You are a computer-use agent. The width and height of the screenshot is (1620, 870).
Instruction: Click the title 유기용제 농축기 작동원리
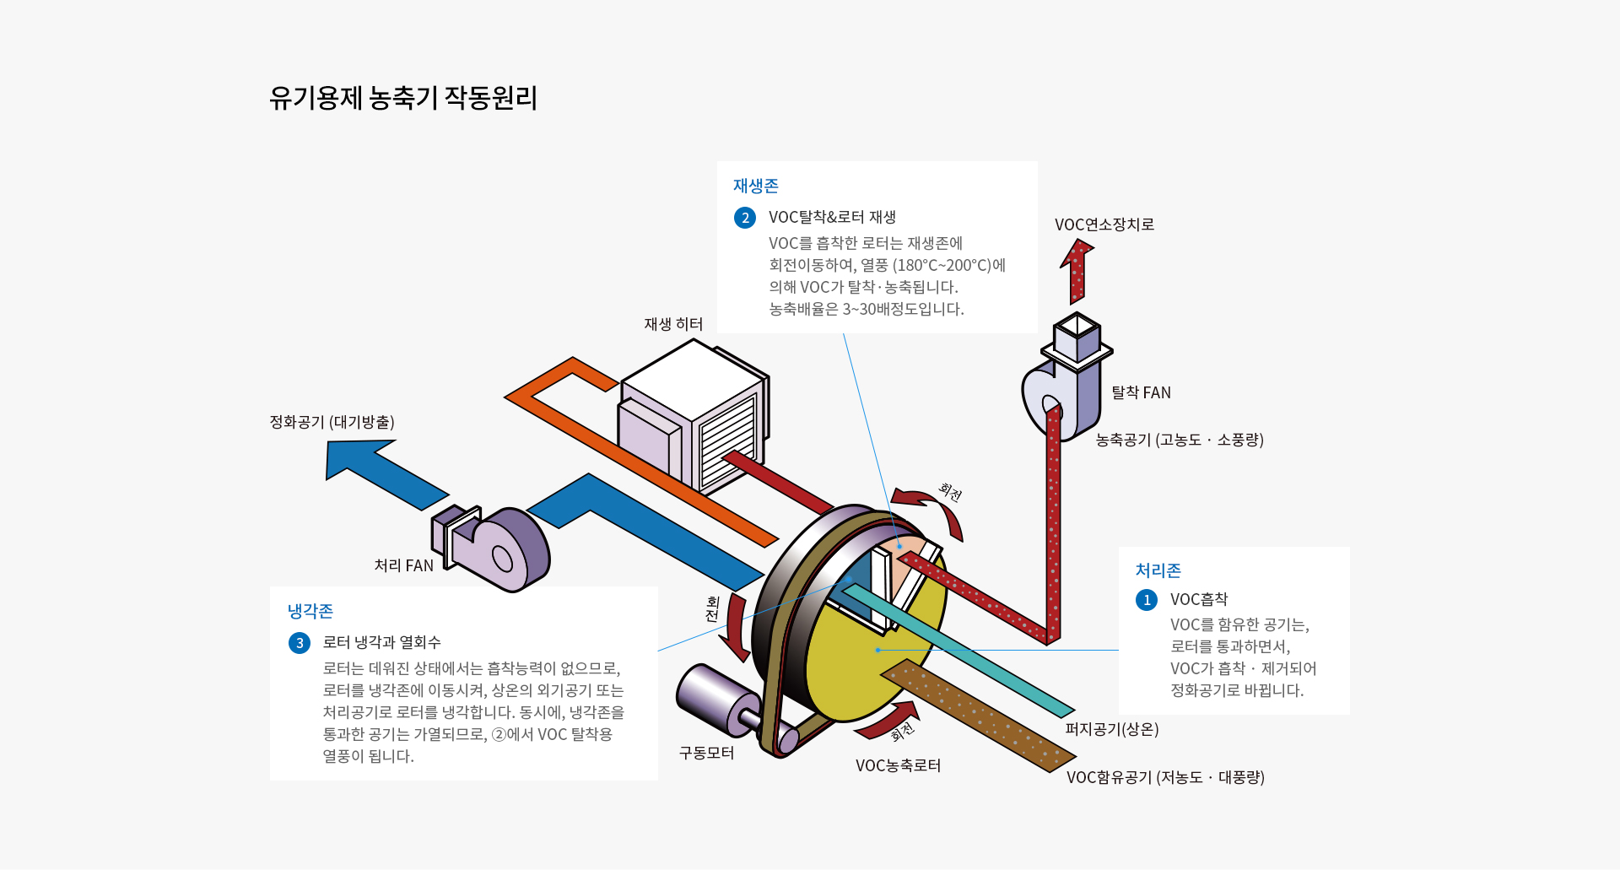403,98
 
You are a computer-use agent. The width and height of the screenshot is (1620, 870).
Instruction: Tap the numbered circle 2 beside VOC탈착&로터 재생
744,218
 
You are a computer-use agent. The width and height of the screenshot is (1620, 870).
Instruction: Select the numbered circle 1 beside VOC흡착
1146,600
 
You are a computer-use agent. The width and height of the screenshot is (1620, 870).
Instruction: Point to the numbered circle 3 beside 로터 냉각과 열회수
300,643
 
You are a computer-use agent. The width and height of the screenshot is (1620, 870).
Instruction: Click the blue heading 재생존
755,186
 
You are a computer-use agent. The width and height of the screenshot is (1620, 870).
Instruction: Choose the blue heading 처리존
1158,570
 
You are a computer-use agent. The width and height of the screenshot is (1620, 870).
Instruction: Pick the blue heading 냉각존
310,611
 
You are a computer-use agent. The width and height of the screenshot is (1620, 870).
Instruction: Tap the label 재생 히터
672,324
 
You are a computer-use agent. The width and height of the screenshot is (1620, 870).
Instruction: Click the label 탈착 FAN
1141,392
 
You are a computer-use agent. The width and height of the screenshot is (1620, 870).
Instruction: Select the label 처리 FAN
403,565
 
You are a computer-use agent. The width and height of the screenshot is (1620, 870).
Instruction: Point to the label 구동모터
706,753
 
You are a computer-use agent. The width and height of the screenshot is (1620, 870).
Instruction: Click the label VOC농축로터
898,765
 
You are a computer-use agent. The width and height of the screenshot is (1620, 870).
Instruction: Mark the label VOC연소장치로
1104,224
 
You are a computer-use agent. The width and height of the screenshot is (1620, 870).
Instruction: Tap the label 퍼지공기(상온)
1111,729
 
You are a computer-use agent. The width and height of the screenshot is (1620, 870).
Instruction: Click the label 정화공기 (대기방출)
332,422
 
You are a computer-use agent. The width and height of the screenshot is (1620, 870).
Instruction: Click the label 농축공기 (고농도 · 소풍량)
1179,440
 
